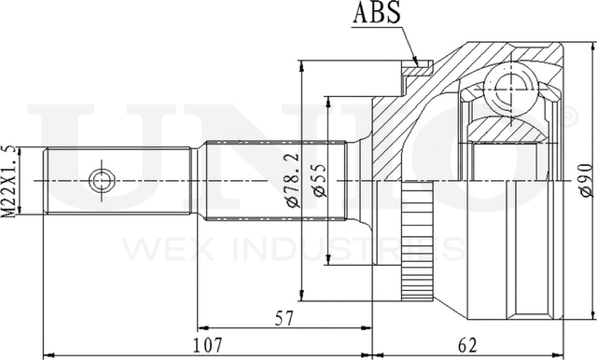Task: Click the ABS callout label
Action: [x=376, y=12]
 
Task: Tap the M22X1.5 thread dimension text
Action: [x=8, y=182]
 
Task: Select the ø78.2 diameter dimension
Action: [x=293, y=180]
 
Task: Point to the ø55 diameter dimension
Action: [x=319, y=180]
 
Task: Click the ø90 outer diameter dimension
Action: [x=585, y=180]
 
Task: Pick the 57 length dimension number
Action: [x=285, y=319]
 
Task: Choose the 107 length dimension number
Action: [x=207, y=345]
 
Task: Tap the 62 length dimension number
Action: [x=466, y=345]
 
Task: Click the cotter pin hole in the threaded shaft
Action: [x=102, y=180]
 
